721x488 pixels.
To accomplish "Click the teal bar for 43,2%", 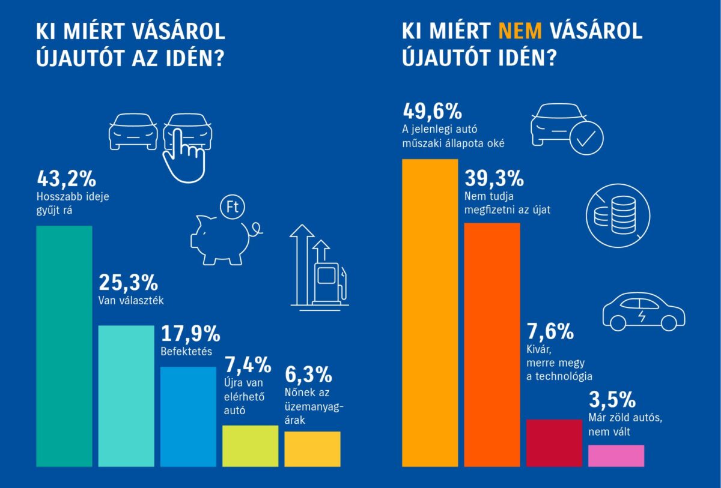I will click(64, 346).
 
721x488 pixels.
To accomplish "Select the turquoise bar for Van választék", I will click(126, 396).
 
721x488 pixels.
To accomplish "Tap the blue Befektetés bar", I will click(188, 416).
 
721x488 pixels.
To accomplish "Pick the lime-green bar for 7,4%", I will click(250, 445).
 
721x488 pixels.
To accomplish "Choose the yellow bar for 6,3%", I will click(312, 448).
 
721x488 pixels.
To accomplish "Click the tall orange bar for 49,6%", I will click(430, 312).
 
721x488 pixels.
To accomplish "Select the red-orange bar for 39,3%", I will click(492, 345).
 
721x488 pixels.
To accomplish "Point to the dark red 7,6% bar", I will click(554, 442).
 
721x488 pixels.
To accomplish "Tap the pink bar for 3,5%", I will click(616, 455).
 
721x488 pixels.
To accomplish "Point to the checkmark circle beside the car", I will click(586, 139).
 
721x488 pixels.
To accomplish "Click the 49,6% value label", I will click(431, 111).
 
